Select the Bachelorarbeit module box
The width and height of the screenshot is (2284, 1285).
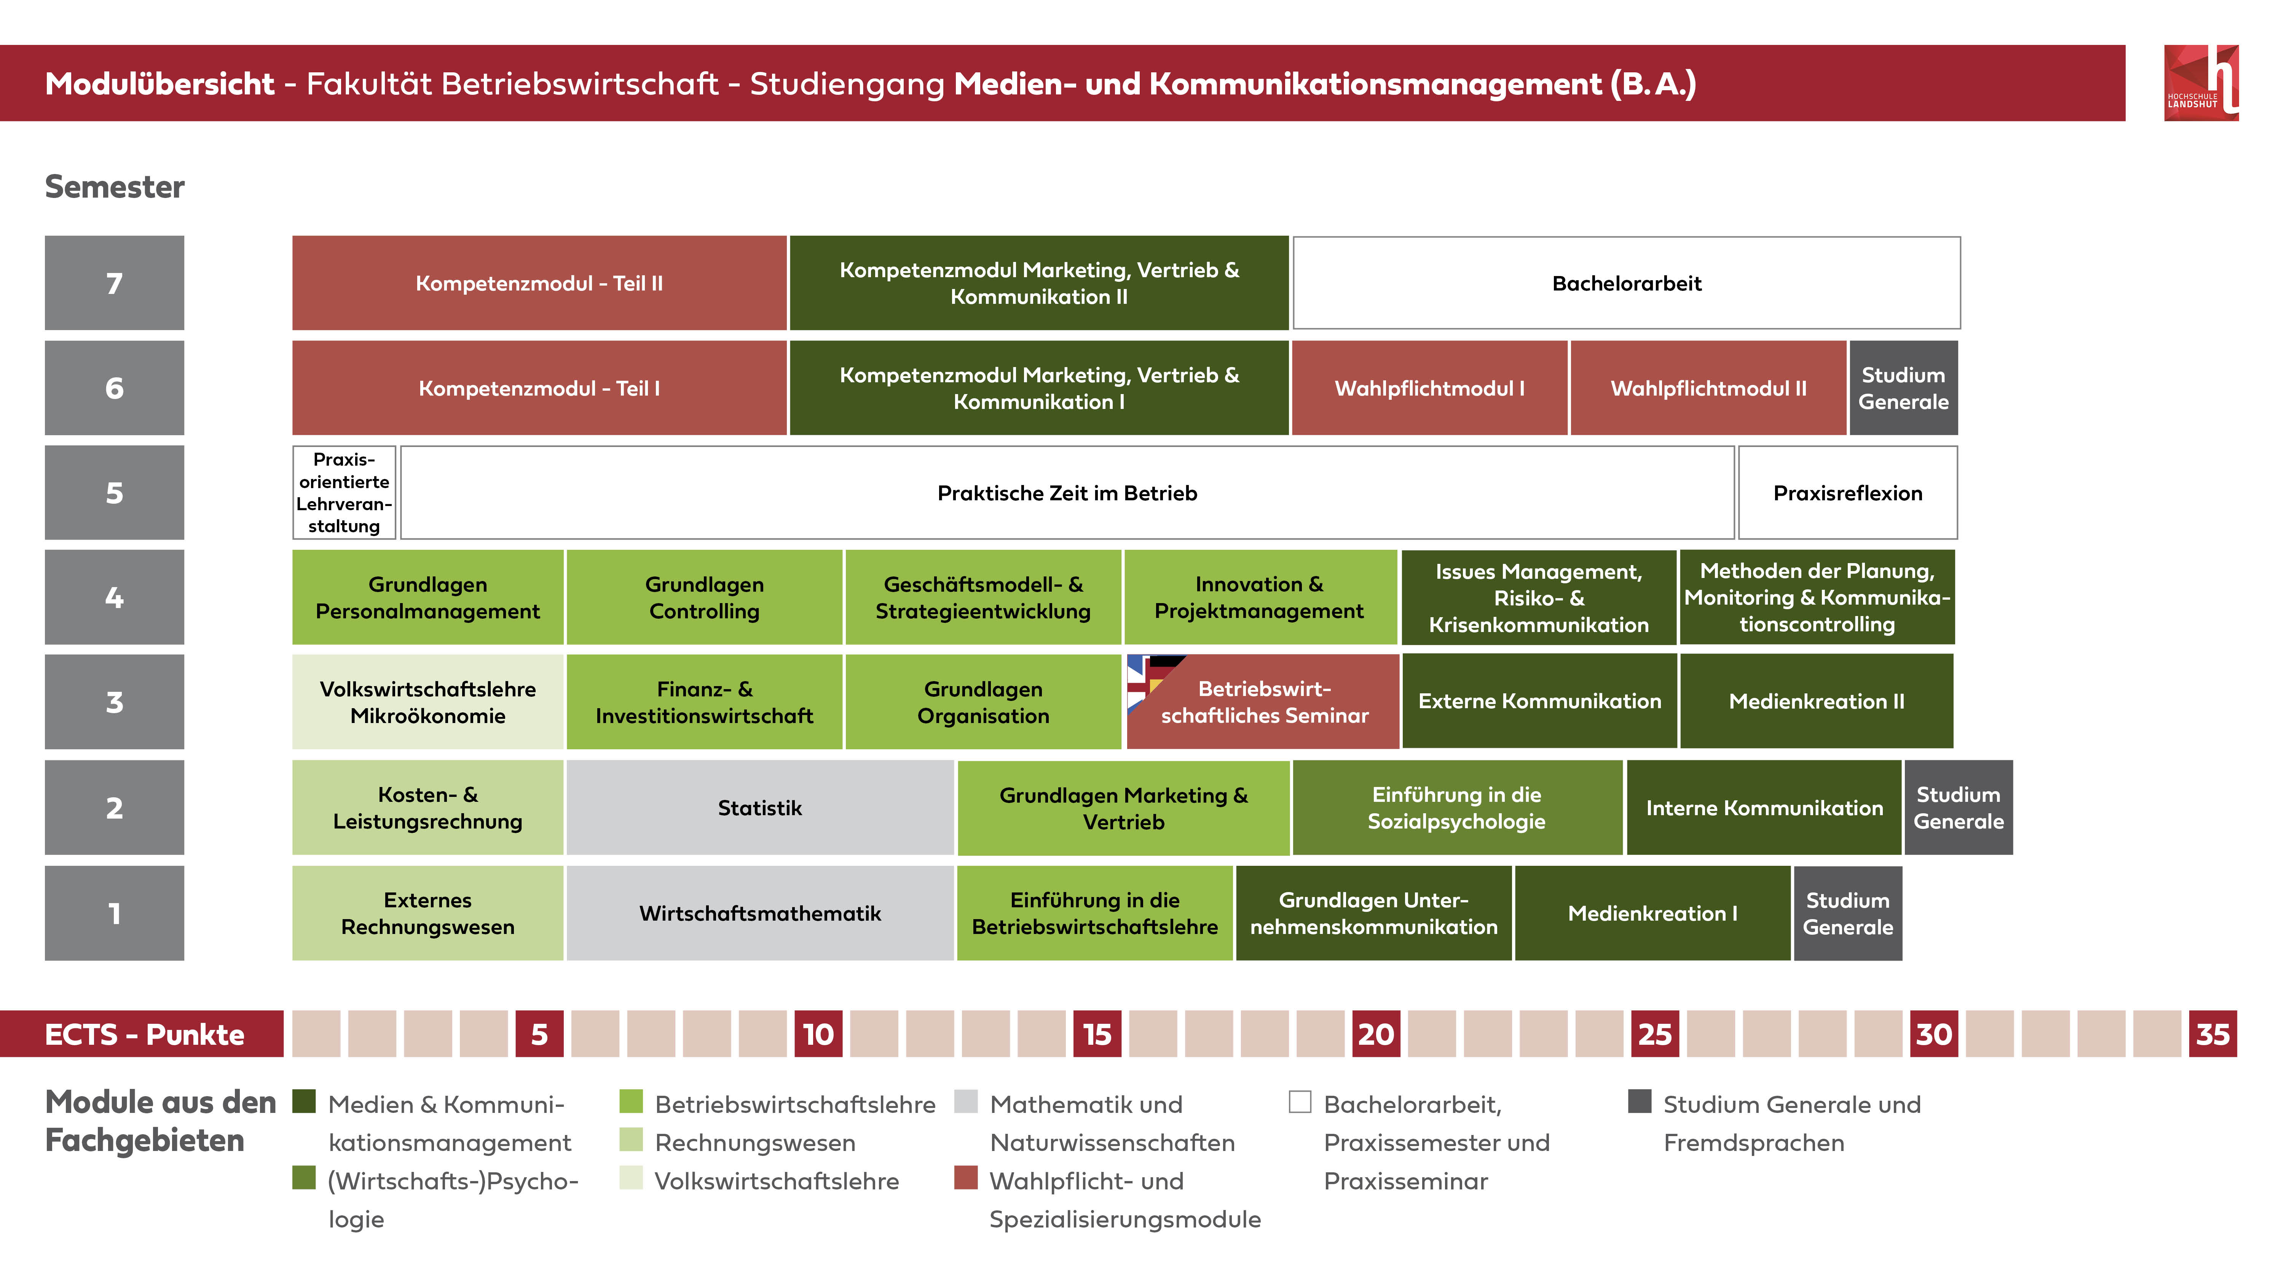[x=1626, y=283]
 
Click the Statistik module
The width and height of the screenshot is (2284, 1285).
[x=760, y=808]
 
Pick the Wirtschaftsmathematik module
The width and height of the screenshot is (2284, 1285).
[x=760, y=913]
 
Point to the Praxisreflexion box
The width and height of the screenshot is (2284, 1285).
[x=1848, y=493]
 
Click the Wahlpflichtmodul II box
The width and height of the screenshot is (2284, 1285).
[x=1708, y=388]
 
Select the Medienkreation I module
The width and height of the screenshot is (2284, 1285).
[x=1652, y=913]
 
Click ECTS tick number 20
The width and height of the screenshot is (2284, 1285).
[x=1375, y=1034]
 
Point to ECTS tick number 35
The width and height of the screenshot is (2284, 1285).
[x=2212, y=1034]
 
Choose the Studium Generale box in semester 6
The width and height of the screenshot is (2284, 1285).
[x=1903, y=388]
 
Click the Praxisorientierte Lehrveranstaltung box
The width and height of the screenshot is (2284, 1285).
[x=344, y=493]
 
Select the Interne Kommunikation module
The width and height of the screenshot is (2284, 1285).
[x=1764, y=808]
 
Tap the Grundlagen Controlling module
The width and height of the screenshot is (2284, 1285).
[x=704, y=598]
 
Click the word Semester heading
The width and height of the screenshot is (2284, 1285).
[x=114, y=187]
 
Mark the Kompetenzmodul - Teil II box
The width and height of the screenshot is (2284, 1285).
[x=539, y=283]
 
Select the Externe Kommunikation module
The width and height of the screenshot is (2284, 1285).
[x=1539, y=701]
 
